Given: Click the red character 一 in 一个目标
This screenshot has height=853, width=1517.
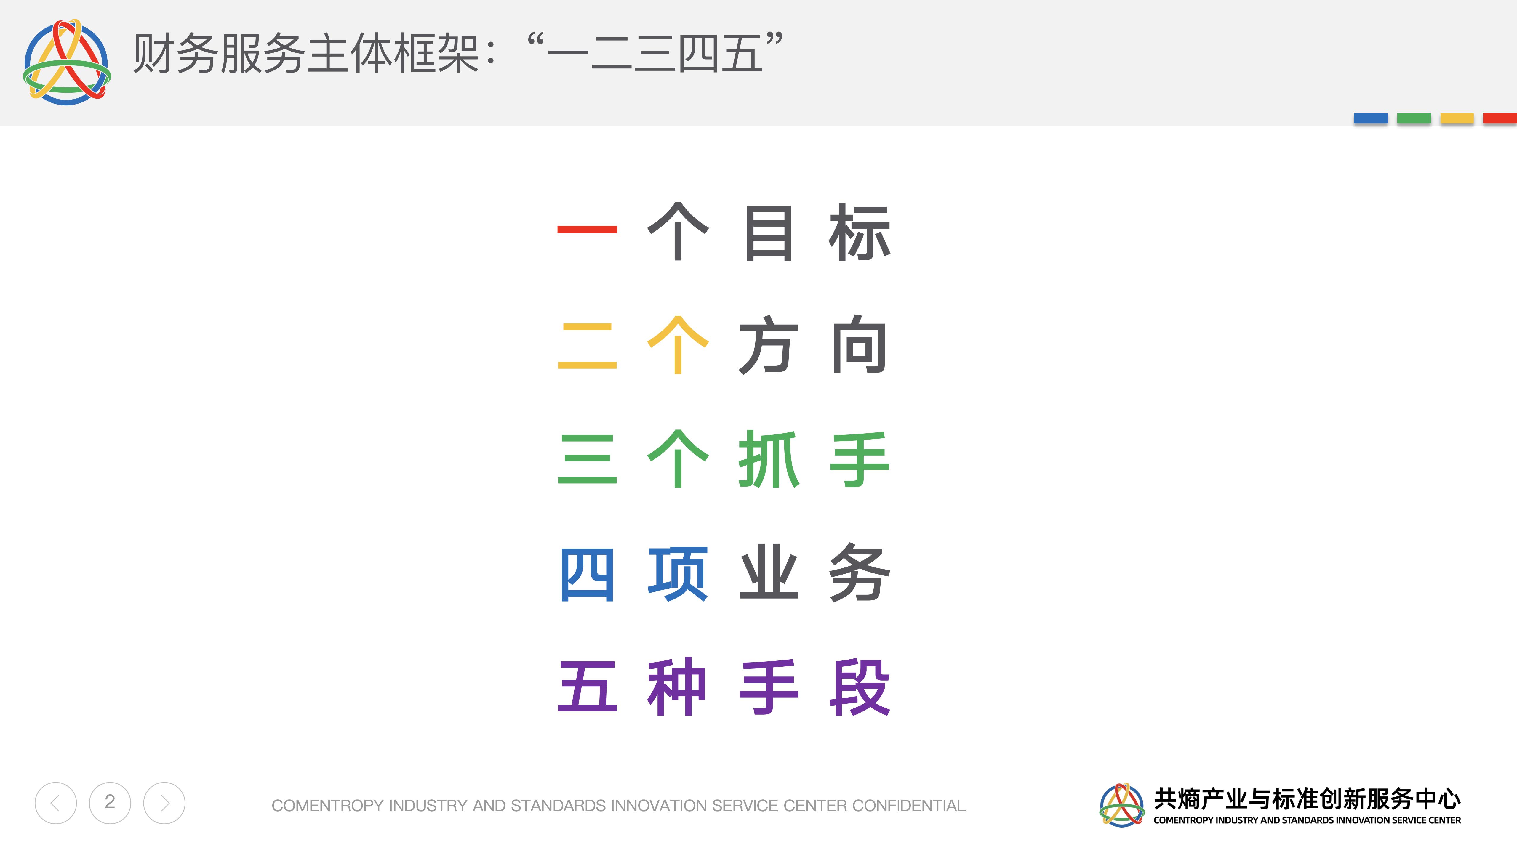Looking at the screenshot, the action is coord(587,230).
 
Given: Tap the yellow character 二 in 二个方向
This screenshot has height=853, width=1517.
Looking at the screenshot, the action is coord(587,346).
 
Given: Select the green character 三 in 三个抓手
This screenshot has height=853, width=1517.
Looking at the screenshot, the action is coord(587,459).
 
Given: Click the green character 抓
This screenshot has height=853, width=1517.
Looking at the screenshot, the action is coord(769,459).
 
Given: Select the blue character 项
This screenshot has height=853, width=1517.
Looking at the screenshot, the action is coord(678,574).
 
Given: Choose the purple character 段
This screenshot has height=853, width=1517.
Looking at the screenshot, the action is coord(859,687).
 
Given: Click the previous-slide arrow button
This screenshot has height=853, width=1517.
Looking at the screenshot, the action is coord(55,803).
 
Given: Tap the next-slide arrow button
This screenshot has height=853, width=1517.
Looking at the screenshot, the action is coord(164,803).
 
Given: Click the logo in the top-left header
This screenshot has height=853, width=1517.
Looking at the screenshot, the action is coord(67,62).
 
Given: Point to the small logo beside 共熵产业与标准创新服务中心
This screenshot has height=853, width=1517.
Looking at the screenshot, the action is coord(1122,805).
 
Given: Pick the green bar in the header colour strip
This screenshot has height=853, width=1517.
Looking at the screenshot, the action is coord(1414,118).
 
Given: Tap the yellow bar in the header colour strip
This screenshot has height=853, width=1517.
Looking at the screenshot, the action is coord(1457,118).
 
